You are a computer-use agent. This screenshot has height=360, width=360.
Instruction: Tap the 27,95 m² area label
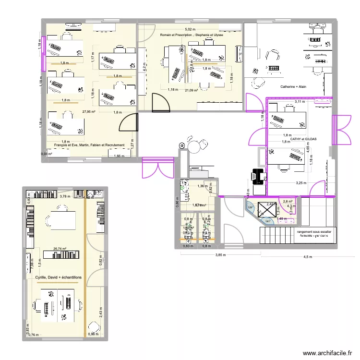(x=88, y=112)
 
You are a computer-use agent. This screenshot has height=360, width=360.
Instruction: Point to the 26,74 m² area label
(x=60, y=249)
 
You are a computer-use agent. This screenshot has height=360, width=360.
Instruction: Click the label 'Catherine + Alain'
(x=293, y=87)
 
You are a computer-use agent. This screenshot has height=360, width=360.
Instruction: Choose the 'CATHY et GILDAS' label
(x=300, y=139)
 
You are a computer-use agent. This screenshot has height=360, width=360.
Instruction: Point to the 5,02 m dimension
(x=191, y=29)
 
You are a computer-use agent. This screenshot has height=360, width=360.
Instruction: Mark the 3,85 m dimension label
(x=220, y=255)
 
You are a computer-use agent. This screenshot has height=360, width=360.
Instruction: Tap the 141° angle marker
(x=268, y=221)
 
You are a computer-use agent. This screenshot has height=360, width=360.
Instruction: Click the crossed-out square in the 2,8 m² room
(x=265, y=210)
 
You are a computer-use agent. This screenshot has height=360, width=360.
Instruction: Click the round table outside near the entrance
(x=194, y=144)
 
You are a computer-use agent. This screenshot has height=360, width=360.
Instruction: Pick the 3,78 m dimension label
(x=63, y=196)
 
